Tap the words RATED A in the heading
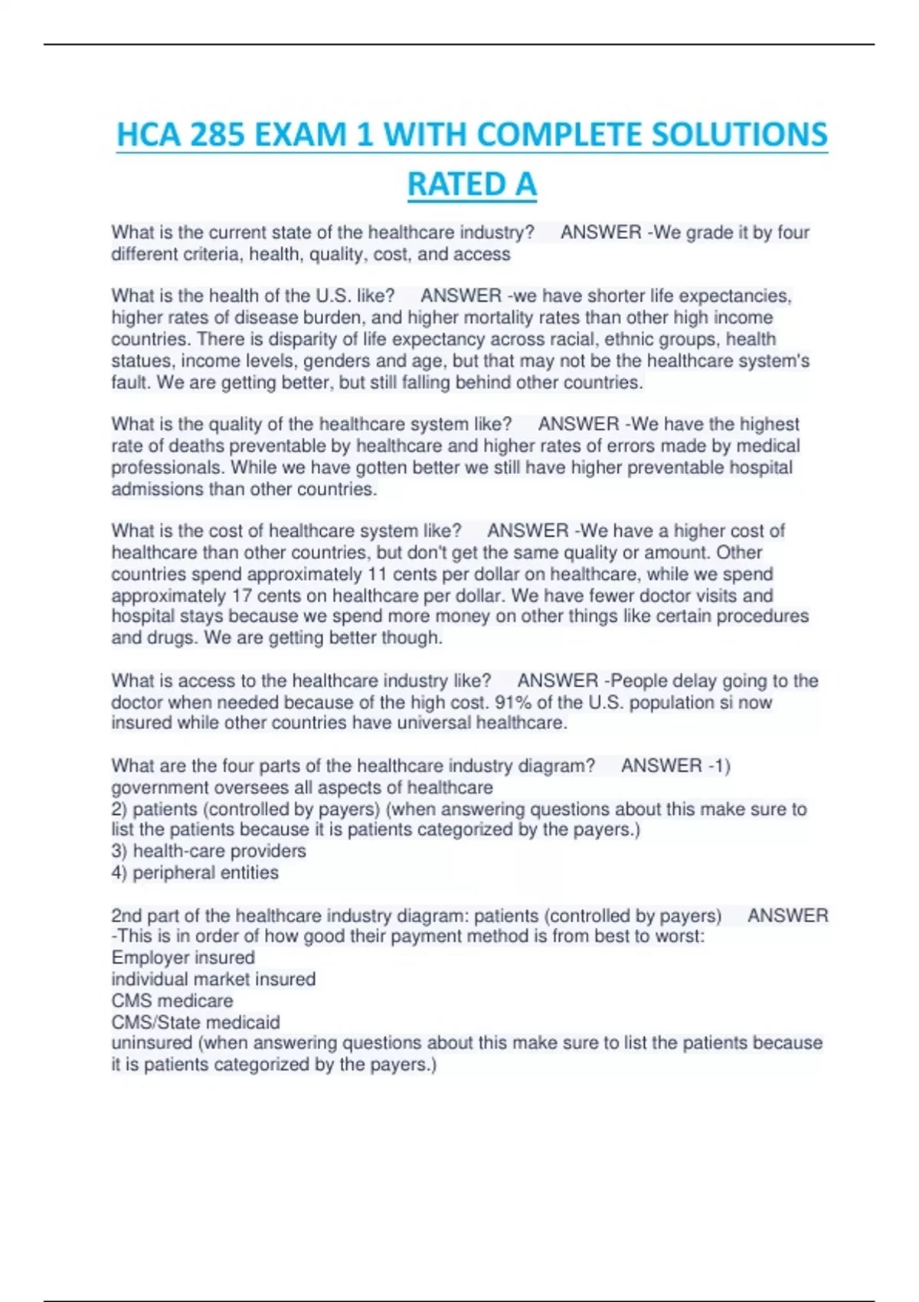pos(472,185)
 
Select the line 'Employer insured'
pos(183,957)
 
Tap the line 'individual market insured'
pos(213,979)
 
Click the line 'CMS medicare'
pos(172,1000)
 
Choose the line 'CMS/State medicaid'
pos(195,1022)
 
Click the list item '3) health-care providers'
pos(208,851)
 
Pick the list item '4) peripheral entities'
pos(195,872)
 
